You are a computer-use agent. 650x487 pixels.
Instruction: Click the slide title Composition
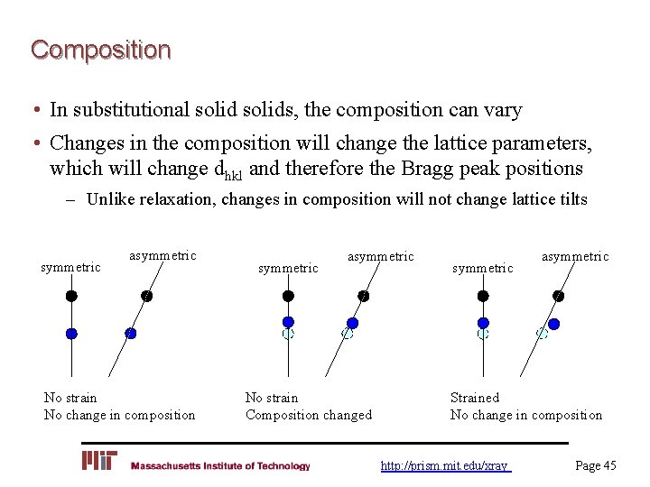pyautogui.click(x=100, y=49)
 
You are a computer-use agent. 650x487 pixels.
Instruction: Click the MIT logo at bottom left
pyautogui.click(x=99, y=462)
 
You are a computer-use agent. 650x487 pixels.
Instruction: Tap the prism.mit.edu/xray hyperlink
pyautogui.click(x=445, y=465)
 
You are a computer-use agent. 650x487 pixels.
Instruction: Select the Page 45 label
pyautogui.click(x=596, y=465)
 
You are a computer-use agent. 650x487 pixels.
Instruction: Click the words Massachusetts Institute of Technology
pyautogui.click(x=219, y=466)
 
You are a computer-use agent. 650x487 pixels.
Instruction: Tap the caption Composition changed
pyautogui.click(x=308, y=415)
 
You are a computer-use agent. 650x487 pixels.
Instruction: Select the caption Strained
pyautogui.click(x=474, y=397)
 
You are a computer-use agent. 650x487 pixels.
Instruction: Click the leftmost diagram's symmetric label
pyautogui.click(x=71, y=267)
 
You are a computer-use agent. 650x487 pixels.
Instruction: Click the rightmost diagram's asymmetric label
pyautogui.click(x=575, y=257)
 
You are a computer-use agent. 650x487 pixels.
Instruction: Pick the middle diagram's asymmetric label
pyautogui.click(x=381, y=257)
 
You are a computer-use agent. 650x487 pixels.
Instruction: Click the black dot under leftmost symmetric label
pyautogui.click(x=71, y=295)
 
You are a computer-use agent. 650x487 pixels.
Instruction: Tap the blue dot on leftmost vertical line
pyautogui.click(x=71, y=333)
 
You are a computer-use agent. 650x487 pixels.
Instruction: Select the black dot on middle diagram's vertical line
pyautogui.click(x=288, y=295)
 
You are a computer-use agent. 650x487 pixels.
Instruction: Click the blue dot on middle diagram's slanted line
pyautogui.click(x=353, y=322)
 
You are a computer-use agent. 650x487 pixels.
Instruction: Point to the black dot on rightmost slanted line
pyautogui.click(x=559, y=295)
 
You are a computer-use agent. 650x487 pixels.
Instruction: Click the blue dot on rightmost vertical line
pyautogui.click(x=483, y=322)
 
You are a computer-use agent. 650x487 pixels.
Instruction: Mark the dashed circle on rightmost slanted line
pyautogui.click(x=542, y=333)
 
